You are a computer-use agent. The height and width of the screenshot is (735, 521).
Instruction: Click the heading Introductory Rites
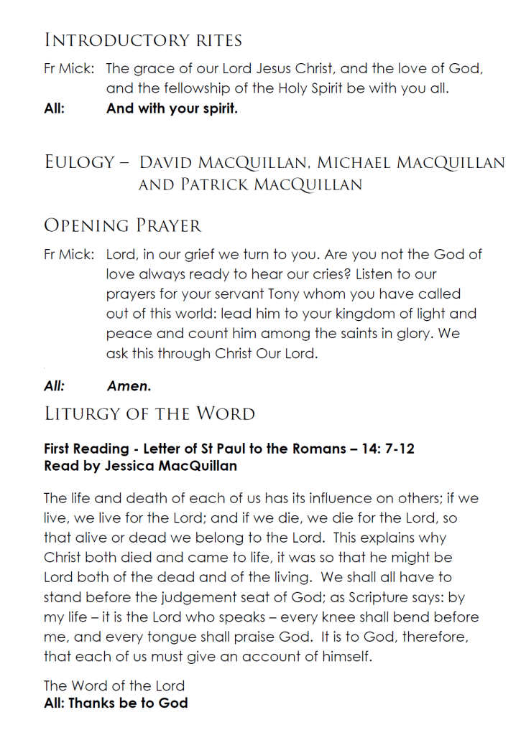click(x=143, y=39)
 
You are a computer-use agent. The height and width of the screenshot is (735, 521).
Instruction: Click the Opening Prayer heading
click(x=123, y=225)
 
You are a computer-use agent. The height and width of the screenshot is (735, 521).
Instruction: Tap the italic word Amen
click(x=129, y=386)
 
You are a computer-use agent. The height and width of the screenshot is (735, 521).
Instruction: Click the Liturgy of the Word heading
click(x=149, y=414)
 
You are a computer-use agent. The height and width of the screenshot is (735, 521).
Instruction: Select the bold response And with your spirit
click(x=172, y=110)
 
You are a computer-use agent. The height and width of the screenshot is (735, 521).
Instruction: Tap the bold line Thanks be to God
click(x=116, y=703)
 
